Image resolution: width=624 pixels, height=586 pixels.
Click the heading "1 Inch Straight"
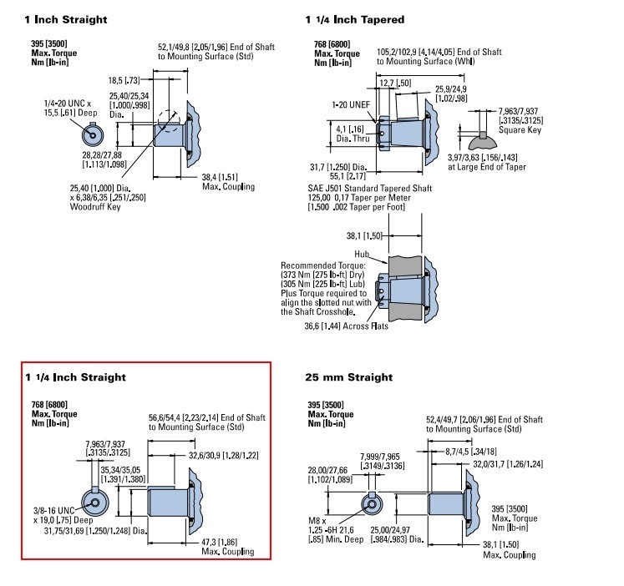66,19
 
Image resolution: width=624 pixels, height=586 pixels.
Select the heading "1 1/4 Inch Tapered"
354,19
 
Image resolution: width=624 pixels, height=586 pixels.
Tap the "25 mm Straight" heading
348,376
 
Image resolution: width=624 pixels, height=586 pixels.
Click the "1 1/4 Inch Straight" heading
75,376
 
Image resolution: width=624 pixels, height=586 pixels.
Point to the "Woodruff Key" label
95,207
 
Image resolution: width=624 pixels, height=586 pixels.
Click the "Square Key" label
520,130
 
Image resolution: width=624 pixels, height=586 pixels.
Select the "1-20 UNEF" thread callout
351,104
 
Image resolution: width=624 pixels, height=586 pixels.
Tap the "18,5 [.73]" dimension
124,80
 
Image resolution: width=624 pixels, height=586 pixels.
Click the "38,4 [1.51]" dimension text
220,177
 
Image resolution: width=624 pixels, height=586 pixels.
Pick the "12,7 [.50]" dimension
395,83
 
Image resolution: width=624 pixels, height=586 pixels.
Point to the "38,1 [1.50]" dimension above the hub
364,235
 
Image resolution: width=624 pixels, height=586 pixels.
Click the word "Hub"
362,254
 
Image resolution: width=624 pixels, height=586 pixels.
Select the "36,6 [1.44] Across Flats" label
346,326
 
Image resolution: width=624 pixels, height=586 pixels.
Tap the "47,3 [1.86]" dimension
219,542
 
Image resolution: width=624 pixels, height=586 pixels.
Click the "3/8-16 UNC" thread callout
53,511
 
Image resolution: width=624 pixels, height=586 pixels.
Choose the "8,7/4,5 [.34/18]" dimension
471,452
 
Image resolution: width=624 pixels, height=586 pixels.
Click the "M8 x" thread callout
317,521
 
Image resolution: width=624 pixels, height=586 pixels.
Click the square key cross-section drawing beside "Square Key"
483,140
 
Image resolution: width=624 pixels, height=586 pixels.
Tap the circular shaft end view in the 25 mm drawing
372,503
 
